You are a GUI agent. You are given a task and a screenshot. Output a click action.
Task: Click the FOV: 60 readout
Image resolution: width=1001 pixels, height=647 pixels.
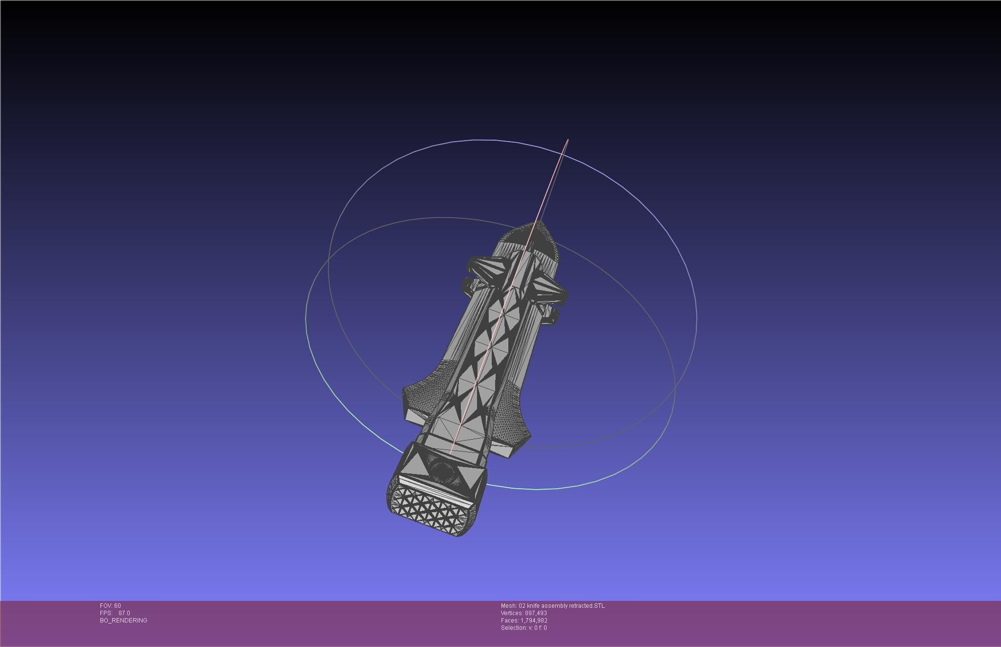110,606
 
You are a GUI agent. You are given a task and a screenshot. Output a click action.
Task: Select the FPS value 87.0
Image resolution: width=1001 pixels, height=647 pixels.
124,613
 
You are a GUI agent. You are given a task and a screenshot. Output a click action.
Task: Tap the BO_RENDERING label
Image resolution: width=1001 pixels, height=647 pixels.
123,621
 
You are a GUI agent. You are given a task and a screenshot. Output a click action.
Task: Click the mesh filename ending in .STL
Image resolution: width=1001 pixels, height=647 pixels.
552,606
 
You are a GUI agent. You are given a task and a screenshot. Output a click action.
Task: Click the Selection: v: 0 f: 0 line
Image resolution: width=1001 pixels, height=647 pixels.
524,628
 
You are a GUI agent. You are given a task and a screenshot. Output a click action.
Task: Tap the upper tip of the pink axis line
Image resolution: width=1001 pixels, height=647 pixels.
568,140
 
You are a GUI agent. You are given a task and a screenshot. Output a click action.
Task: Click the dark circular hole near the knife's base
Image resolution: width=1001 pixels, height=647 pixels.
443,472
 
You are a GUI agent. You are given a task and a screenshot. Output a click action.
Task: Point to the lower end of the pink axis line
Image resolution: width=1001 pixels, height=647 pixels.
451,451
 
